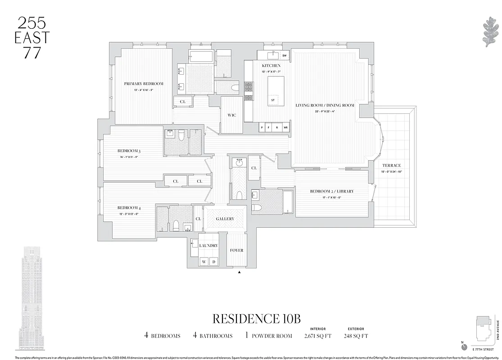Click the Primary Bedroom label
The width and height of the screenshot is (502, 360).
point(144,84)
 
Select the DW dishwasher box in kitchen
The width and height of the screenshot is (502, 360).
point(284,56)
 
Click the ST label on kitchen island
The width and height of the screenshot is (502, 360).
point(273,100)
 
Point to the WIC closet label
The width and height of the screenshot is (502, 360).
point(232,115)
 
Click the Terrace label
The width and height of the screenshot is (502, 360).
point(392,166)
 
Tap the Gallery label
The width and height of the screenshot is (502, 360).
point(225,219)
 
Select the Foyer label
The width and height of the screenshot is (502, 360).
point(236,250)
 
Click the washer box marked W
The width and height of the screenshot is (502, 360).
point(204,261)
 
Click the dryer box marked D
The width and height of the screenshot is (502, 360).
point(214,261)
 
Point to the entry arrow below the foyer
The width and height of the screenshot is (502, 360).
point(240,272)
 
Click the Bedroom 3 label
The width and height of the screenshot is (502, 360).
point(129,151)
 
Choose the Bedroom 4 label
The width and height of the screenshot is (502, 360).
point(129,208)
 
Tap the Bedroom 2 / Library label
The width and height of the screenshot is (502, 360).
point(332,191)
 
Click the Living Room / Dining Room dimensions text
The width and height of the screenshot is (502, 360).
point(325,111)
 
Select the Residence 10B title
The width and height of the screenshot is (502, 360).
point(256,319)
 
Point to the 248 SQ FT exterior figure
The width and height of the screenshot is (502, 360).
point(356,336)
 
